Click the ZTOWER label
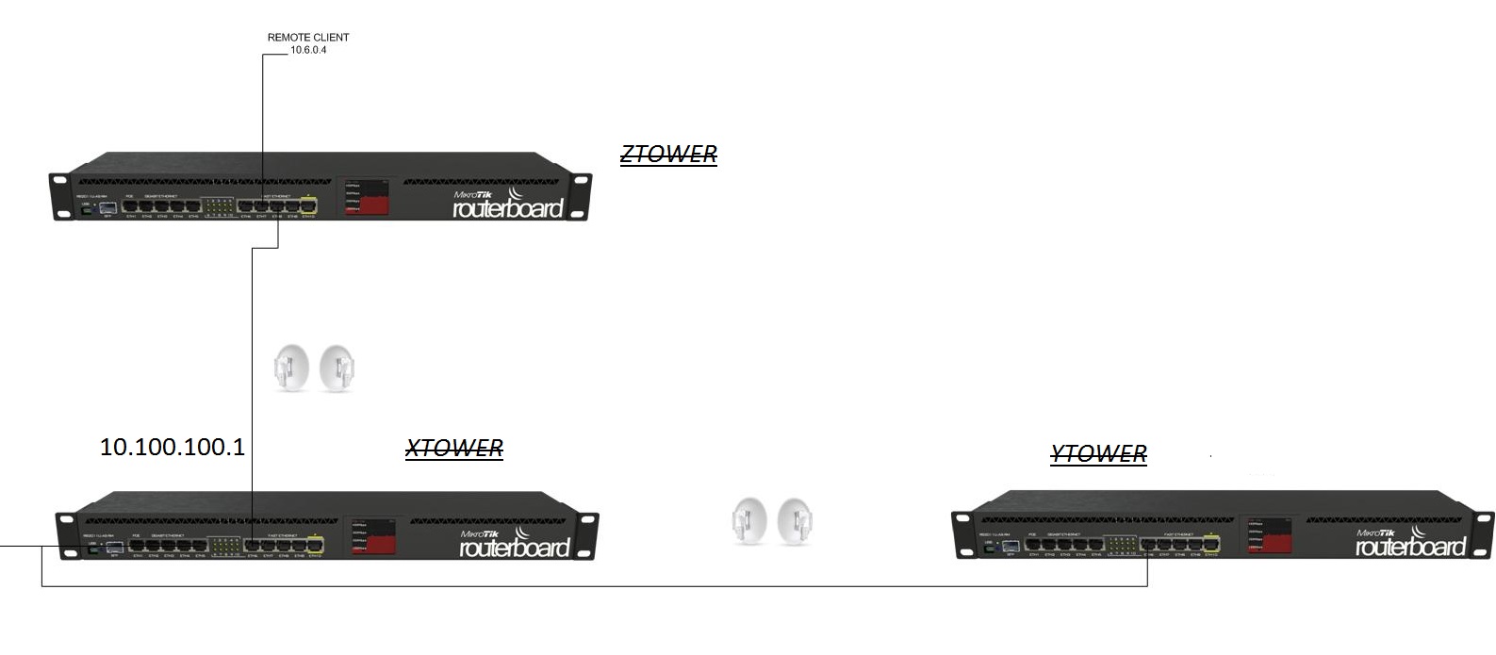tap(668, 155)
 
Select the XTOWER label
tap(454, 449)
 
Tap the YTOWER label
tap(1098, 454)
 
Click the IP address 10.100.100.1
tap(173, 448)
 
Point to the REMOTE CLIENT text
tap(308, 38)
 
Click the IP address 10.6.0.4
tap(308, 50)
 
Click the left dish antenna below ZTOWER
tap(291, 368)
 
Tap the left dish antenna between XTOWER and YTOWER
tap(749, 520)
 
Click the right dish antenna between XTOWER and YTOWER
tap(797, 520)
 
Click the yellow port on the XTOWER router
tap(315, 544)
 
